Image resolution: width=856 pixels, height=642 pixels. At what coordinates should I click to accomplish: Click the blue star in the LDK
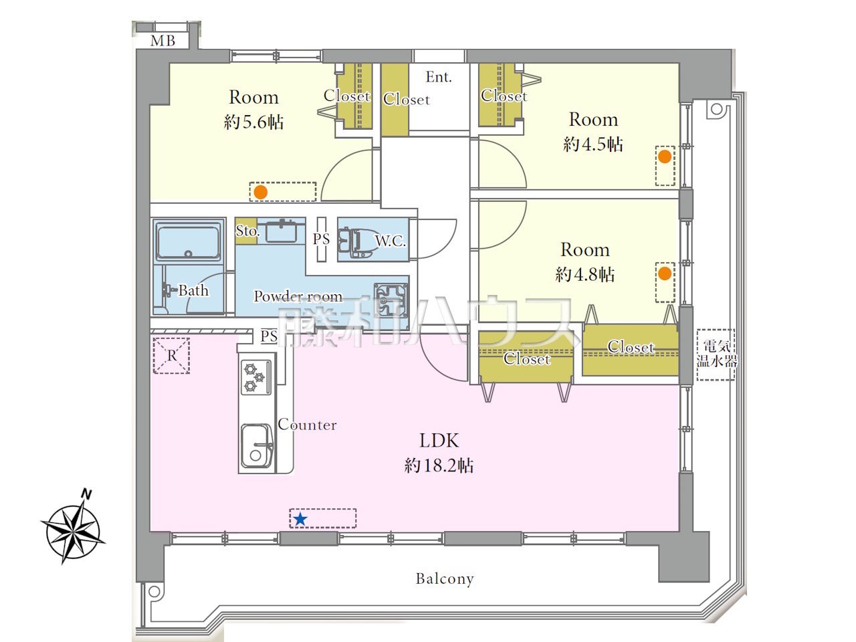coord(300,519)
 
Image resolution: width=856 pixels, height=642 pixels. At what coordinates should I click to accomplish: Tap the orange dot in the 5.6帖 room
coord(261,192)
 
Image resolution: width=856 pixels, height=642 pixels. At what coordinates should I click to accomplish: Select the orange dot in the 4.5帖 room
coord(665,156)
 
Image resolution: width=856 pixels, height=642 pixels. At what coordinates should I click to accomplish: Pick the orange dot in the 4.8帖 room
coord(665,274)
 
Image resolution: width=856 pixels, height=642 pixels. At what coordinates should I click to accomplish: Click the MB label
coord(163,41)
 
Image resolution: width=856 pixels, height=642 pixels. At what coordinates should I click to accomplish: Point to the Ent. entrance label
coord(439,77)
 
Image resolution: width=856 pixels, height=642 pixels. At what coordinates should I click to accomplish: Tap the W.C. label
coord(391,241)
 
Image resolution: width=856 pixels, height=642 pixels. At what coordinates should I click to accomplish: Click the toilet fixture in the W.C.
coord(354,243)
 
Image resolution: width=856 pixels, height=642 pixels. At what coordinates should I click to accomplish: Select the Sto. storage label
coord(247,231)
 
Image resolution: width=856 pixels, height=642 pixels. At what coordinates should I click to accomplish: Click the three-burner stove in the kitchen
coord(256,377)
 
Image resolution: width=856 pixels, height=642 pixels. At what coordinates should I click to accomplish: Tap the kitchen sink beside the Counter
coord(256,446)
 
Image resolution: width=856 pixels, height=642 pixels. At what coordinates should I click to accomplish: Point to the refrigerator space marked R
coord(172,356)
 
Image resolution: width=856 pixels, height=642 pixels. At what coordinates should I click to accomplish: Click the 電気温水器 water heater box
coord(716,354)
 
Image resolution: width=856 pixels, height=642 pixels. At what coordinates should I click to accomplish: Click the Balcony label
coord(445,579)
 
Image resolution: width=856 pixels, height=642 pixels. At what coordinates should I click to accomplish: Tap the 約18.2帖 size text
coord(439,465)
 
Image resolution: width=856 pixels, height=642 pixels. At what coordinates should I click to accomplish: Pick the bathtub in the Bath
coord(188,241)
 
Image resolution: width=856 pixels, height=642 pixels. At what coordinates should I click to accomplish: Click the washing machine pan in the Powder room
coord(391,300)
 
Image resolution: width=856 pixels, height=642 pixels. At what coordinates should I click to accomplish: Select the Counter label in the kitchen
coord(308,425)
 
